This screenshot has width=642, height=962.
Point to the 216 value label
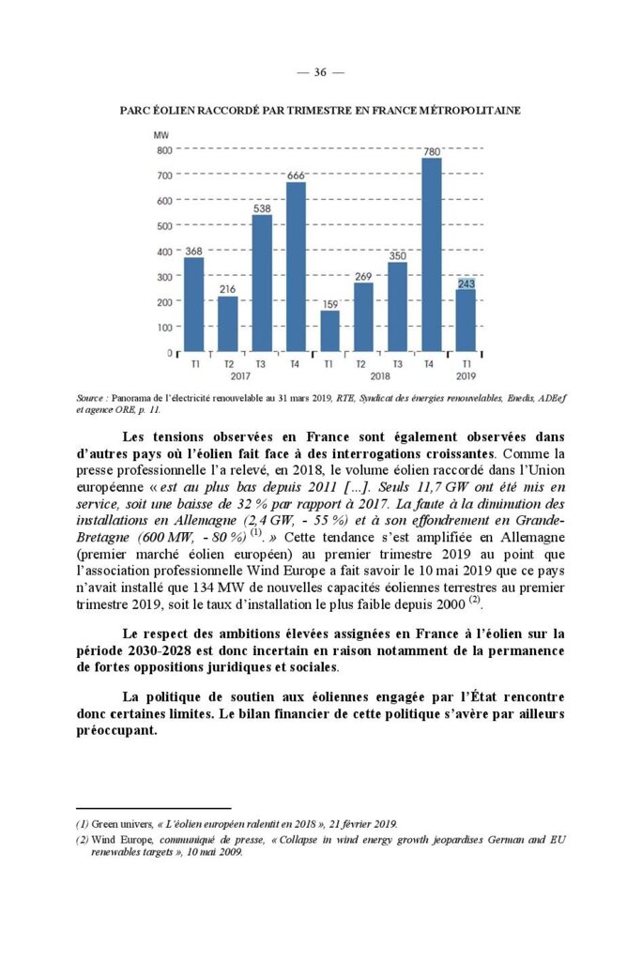click(x=228, y=290)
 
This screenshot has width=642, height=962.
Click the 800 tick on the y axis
click(x=163, y=150)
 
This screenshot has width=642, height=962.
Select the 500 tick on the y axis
click(x=163, y=226)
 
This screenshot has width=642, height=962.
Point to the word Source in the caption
click(x=90, y=399)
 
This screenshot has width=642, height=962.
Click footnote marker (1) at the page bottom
click(x=82, y=824)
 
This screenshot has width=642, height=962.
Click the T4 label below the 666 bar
click(x=296, y=363)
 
